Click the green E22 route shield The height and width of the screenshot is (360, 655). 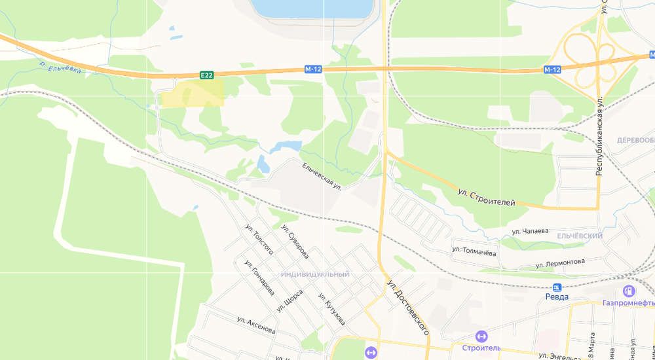click(207, 75)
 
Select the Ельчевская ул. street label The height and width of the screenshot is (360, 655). click(322, 176)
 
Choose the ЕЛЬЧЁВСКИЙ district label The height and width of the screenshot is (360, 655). click(580, 236)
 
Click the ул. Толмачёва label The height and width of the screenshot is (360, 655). click(474, 249)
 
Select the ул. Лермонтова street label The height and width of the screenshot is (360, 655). click(560, 263)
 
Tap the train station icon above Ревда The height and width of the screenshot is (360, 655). click(557, 287)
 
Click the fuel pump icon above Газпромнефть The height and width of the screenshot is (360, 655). click(629, 291)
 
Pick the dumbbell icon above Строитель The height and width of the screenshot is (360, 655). click(481, 336)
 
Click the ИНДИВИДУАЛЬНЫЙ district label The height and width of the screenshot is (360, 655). click(315, 274)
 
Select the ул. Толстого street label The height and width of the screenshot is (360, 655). click(259, 242)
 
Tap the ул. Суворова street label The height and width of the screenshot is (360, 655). click(295, 240)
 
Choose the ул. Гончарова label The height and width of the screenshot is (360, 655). click(259, 278)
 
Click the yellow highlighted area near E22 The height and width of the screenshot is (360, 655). click(193, 92)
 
